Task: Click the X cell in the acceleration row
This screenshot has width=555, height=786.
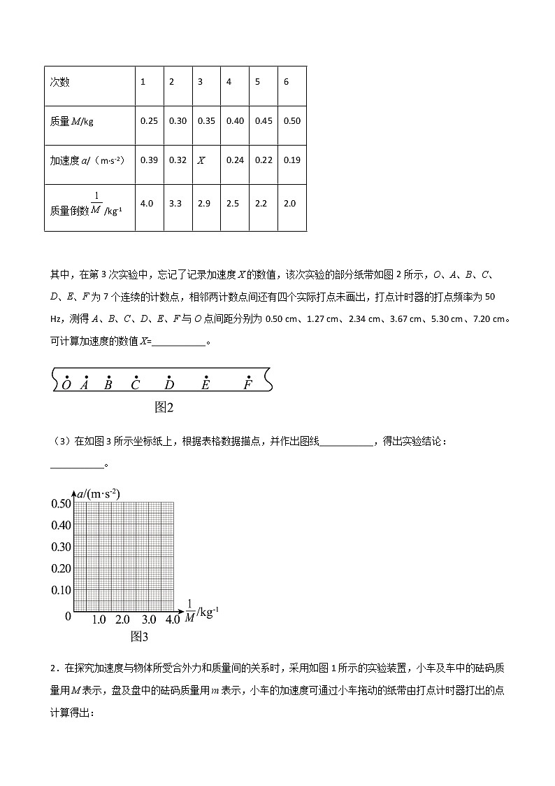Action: click(x=201, y=160)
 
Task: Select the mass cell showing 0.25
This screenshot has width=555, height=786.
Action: click(x=149, y=120)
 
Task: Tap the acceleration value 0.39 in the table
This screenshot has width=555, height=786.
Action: click(x=149, y=160)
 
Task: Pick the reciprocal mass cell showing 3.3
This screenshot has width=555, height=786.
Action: click(x=178, y=203)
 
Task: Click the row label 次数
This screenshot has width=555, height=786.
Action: click(x=60, y=82)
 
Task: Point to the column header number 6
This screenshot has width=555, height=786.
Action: click(x=286, y=82)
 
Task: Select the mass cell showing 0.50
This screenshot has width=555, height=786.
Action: click(x=292, y=120)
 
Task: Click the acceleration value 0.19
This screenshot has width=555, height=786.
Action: click(x=292, y=160)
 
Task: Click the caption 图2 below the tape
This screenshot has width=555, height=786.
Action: click(x=164, y=407)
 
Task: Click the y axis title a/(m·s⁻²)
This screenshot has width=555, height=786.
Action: click(x=99, y=493)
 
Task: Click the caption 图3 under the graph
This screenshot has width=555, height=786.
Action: click(x=140, y=636)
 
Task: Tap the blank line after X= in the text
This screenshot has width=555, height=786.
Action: click(x=179, y=342)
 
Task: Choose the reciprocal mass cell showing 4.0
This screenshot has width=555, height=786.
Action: click(x=147, y=203)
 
